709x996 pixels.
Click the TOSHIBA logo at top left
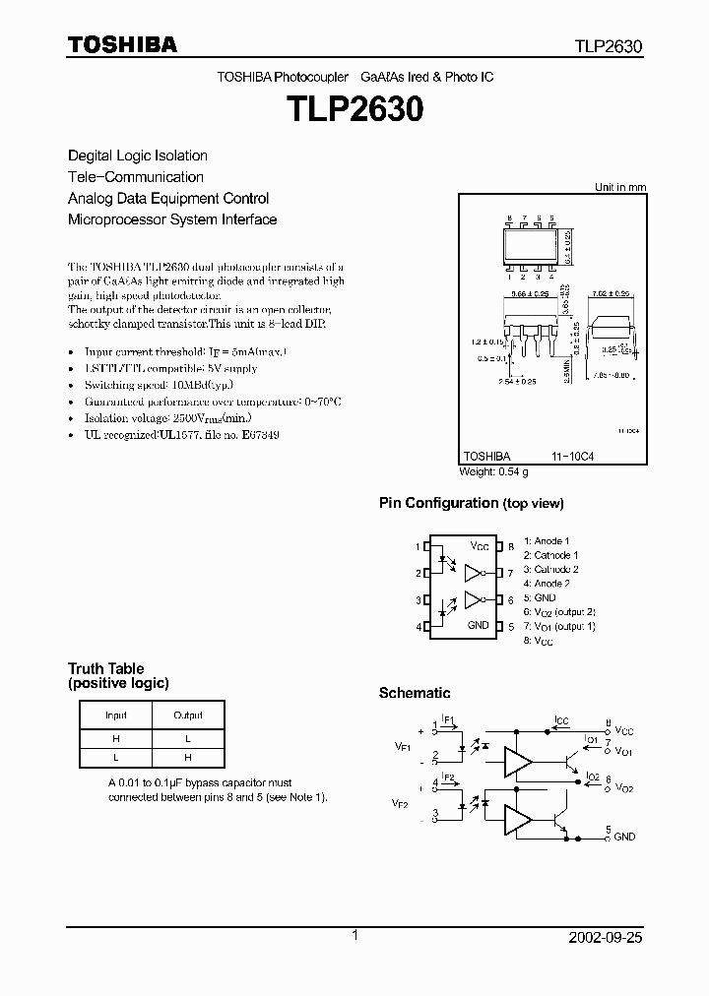pos(122,45)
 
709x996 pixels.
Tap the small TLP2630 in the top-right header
pos(609,46)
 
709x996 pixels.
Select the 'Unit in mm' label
pos(620,187)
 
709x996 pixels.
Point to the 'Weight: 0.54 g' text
pos(494,472)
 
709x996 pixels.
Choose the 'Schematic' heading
pos(415,693)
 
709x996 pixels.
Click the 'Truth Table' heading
pos(99,669)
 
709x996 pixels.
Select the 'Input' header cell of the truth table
pos(116,716)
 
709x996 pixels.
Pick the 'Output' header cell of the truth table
pos(188,716)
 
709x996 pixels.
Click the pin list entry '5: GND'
pos(540,597)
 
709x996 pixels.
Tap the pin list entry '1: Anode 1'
pos(547,541)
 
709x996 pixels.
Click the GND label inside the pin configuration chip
pos(479,625)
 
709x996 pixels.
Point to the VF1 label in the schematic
pos(403,748)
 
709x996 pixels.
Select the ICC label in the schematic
pos(561,720)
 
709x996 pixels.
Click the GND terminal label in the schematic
pos(624,837)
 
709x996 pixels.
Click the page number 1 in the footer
pos(354,937)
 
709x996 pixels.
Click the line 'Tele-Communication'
pos(136,177)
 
